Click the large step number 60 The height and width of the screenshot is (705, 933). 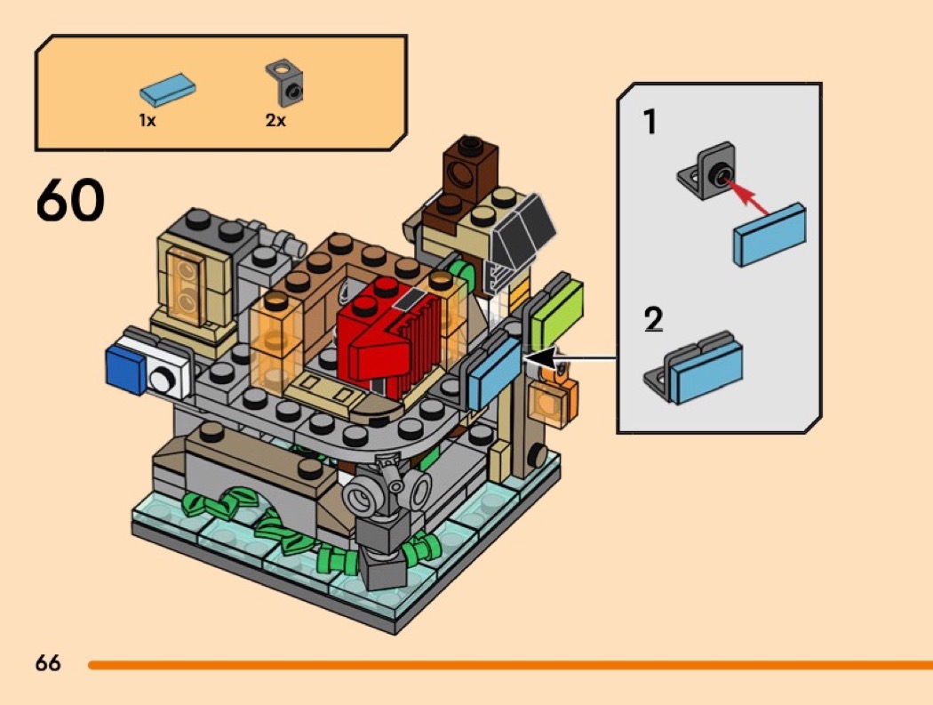(x=70, y=202)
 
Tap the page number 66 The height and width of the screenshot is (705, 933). (x=48, y=663)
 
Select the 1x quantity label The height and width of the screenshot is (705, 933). (x=148, y=120)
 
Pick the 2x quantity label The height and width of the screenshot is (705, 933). (x=275, y=120)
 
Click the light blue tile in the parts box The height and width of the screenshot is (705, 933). (x=168, y=89)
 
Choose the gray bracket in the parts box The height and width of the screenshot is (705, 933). (x=285, y=83)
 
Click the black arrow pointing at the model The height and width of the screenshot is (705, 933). (x=569, y=359)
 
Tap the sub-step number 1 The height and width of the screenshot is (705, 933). (x=650, y=122)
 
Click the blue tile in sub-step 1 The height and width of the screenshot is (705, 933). (x=770, y=234)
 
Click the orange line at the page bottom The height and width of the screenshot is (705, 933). (x=506, y=664)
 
